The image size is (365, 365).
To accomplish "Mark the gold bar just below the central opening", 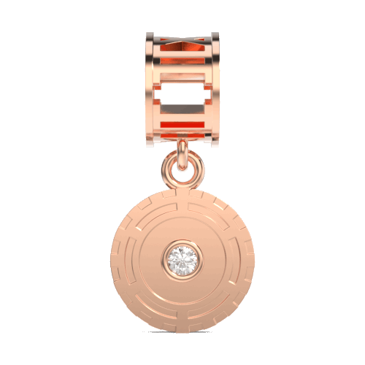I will (x=182, y=109).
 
